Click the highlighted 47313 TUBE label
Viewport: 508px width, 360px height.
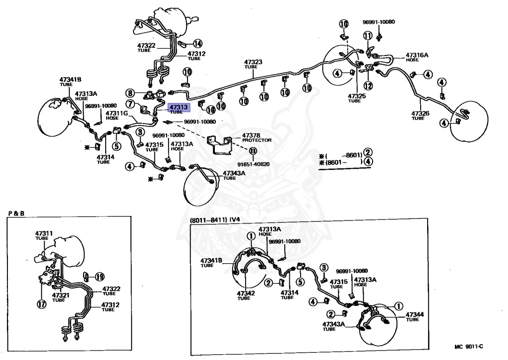pyautogui.click(x=179, y=109)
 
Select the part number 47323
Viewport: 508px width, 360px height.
pyautogui.click(x=253, y=62)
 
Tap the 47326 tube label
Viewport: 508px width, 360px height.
pyautogui.click(x=420, y=115)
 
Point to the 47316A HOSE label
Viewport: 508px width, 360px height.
pyautogui.click(x=417, y=57)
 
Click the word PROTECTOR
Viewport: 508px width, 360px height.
pyautogui.click(x=256, y=140)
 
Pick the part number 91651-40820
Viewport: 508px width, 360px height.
pyautogui.click(x=253, y=164)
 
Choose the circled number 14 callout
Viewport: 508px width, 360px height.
pyautogui.click(x=197, y=43)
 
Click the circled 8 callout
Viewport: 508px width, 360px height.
pyautogui.click(x=130, y=93)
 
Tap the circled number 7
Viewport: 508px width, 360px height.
pyautogui.click(x=130, y=104)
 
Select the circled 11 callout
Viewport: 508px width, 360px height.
pyautogui.click(x=368, y=35)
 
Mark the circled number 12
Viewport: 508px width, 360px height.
pyautogui.click(x=369, y=86)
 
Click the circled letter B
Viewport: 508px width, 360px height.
pyautogui.click(x=253, y=151)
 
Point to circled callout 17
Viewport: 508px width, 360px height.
pyautogui.click(x=42, y=304)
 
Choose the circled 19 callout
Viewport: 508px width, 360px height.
pyautogui.click(x=99, y=277)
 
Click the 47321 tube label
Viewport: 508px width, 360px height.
pyautogui.click(x=61, y=297)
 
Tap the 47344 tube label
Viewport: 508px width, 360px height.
pyautogui.click(x=414, y=316)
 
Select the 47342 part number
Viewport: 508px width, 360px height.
pyautogui.click(x=246, y=293)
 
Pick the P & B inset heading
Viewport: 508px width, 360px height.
pyautogui.click(x=16, y=214)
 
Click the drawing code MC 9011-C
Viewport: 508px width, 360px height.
pyautogui.click(x=469, y=347)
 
